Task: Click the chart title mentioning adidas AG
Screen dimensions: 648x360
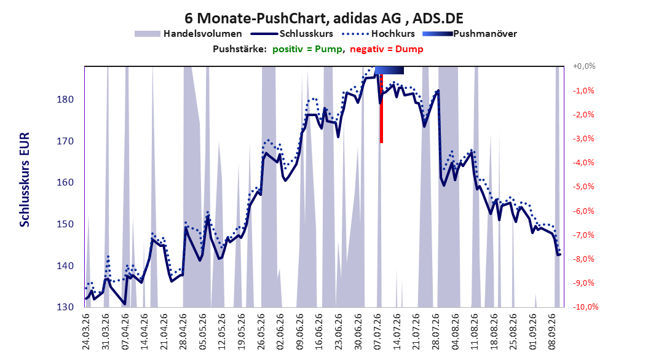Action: coord(323,18)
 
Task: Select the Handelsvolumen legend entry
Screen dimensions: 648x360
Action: coord(189,34)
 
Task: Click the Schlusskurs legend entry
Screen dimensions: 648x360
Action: coord(293,34)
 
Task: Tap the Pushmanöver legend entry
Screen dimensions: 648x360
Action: coord(470,34)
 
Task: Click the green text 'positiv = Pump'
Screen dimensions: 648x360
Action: coord(307,49)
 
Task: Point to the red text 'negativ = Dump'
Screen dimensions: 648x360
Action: coord(387,49)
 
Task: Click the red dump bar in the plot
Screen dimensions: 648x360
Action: coord(381,109)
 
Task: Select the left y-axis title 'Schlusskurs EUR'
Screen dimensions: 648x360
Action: coord(25,179)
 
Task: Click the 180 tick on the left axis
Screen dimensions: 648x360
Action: coord(65,100)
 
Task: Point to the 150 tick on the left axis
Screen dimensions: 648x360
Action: coord(65,224)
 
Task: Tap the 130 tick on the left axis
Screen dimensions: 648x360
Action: coord(65,307)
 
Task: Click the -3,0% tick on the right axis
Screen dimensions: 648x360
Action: coord(583,139)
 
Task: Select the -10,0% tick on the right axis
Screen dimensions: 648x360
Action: coord(585,307)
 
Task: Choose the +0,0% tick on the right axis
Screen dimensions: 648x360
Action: coord(584,66)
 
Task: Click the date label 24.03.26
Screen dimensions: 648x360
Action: coord(86,332)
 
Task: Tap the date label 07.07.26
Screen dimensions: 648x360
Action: coord(377,332)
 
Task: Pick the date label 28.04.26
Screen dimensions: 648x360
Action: coord(183,332)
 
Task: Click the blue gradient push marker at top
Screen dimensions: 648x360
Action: coord(389,70)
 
